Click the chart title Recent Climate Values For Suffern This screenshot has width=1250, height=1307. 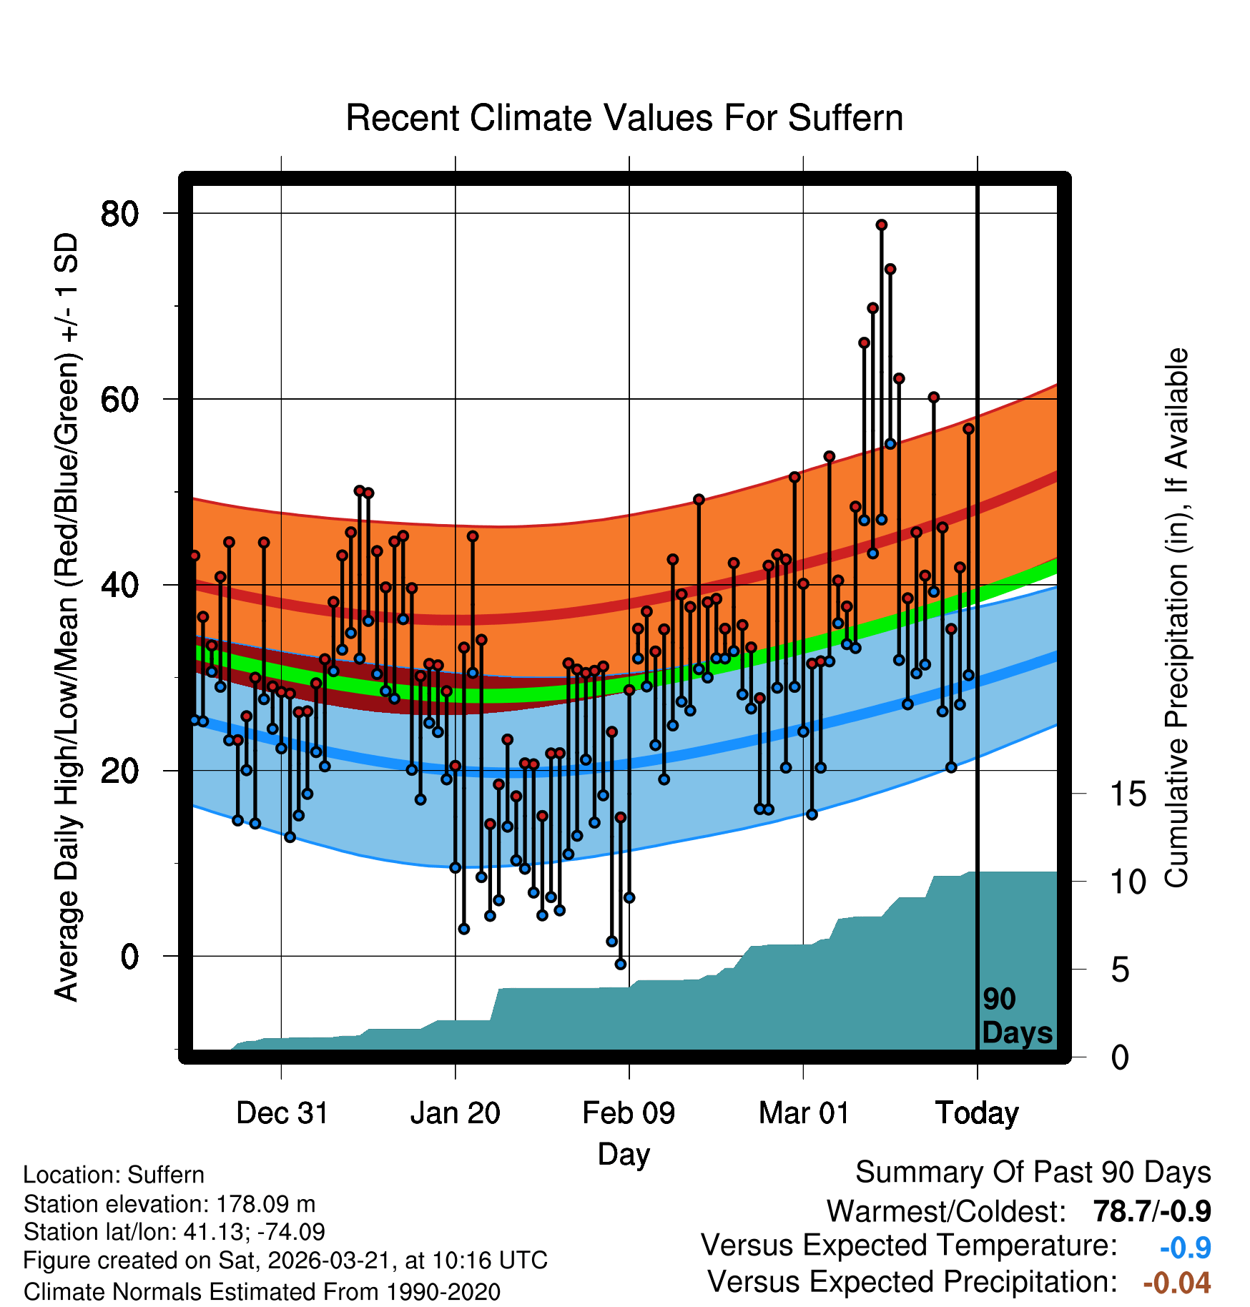point(624,118)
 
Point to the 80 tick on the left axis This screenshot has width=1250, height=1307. point(119,213)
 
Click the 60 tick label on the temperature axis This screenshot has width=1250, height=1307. point(119,399)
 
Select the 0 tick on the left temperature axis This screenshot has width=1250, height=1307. point(129,956)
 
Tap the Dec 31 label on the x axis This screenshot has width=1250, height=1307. point(282,1113)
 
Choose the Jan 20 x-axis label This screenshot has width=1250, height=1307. point(456,1113)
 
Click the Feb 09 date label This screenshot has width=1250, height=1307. point(629,1113)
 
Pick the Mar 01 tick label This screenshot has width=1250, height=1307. point(803,1113)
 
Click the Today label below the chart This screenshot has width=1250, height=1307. point(977,1113)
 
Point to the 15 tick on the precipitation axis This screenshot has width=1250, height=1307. point(1128,794)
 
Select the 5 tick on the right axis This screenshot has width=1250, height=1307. point(1120,970)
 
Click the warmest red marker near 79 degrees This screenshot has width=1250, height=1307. point(882,225)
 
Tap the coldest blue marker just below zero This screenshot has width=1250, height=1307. point(621,965)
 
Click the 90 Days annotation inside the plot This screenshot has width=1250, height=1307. point(1016,1016)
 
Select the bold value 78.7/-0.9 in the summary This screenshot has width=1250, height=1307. point(1151,1211)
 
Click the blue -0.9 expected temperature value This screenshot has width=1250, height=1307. point(1185,1248)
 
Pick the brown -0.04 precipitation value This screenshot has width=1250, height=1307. point(1176,1283)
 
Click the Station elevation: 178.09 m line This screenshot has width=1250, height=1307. point(169,1204)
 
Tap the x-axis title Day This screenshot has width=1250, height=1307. point(624,1153)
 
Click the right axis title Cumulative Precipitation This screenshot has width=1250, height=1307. point(1176,618)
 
